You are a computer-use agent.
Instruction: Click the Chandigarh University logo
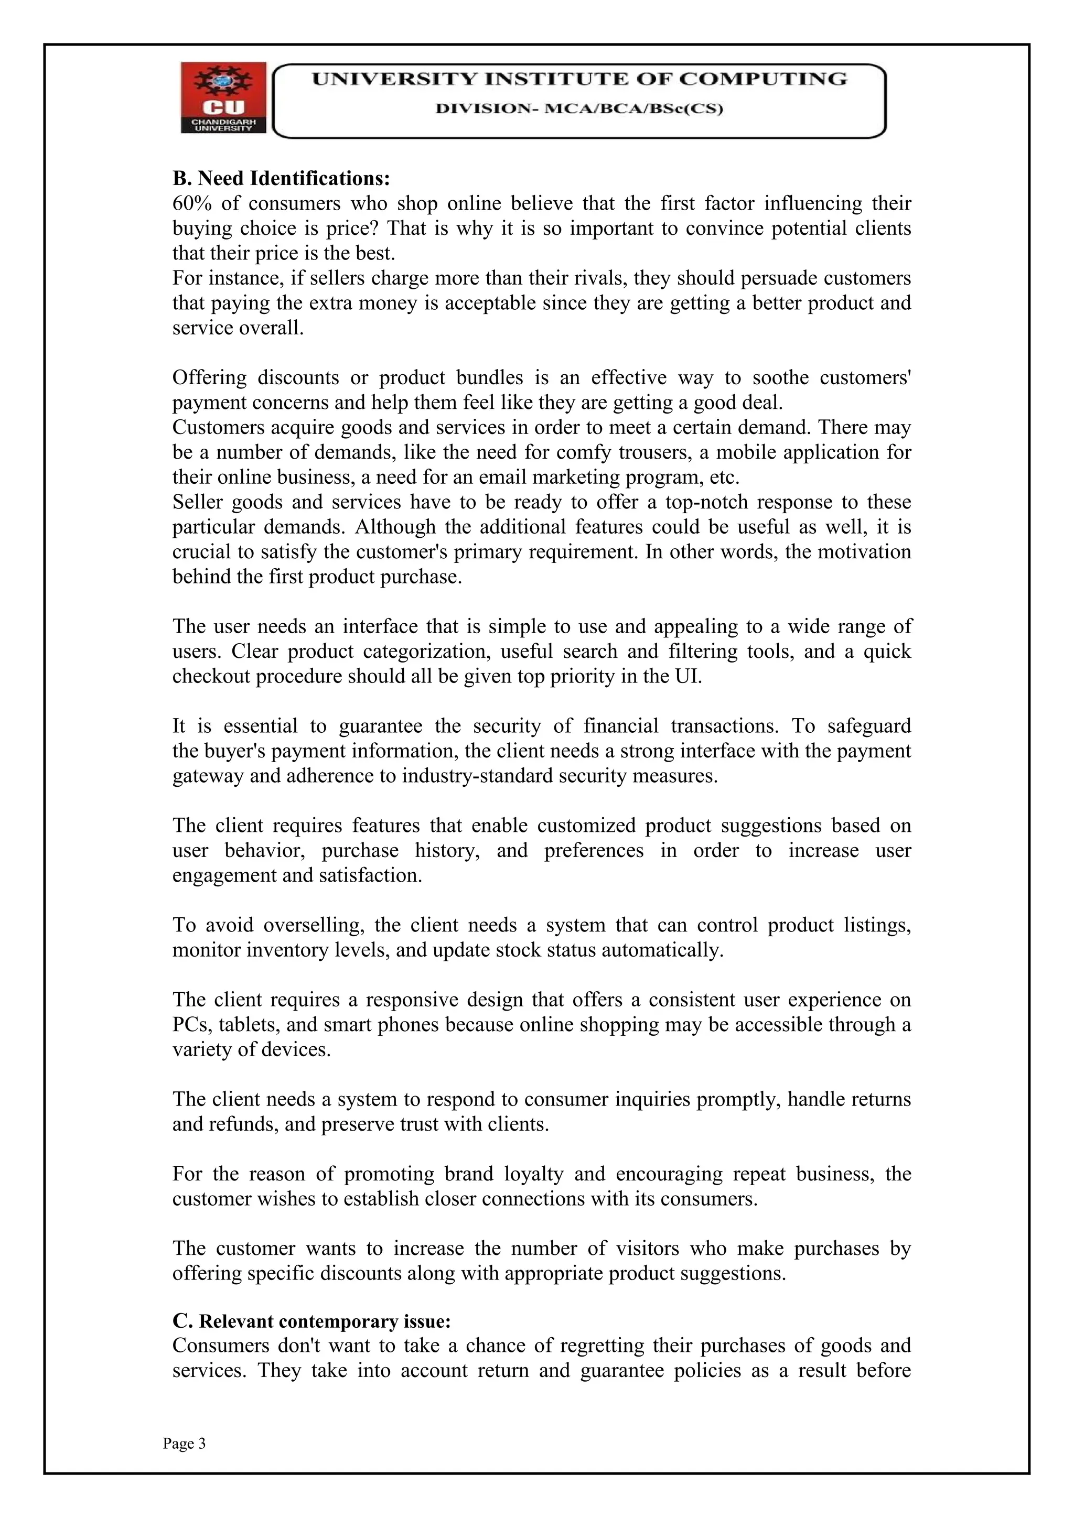pos(223,98)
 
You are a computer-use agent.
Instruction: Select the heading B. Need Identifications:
pos(281,179)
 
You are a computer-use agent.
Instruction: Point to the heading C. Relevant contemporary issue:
pos(312,1321)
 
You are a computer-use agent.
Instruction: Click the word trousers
pos(668,453)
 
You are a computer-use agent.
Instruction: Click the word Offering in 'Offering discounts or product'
pos(209,378)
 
